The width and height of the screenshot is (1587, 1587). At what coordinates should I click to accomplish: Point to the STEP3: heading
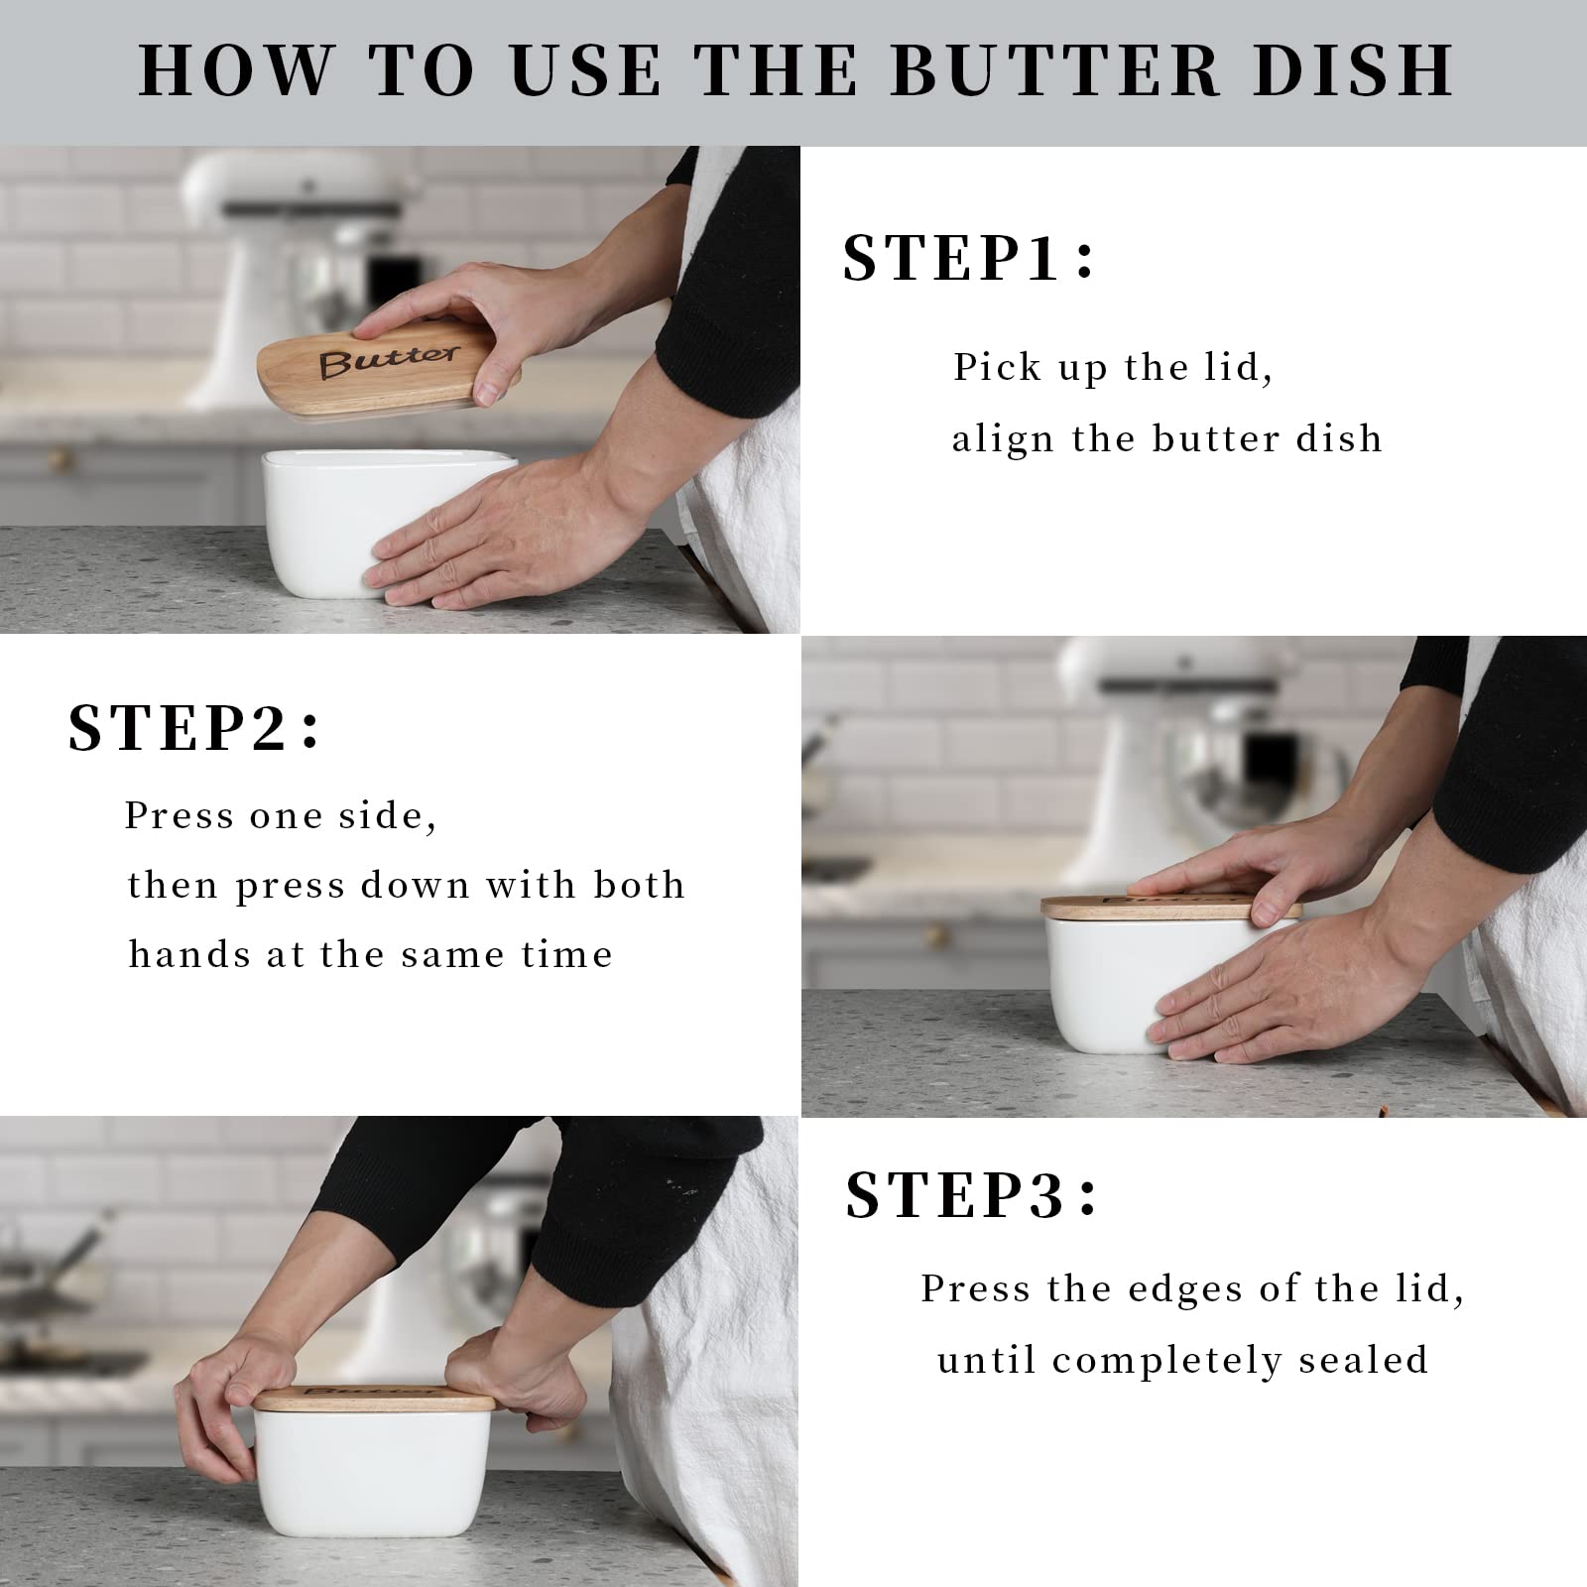(x=971, y=1195)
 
